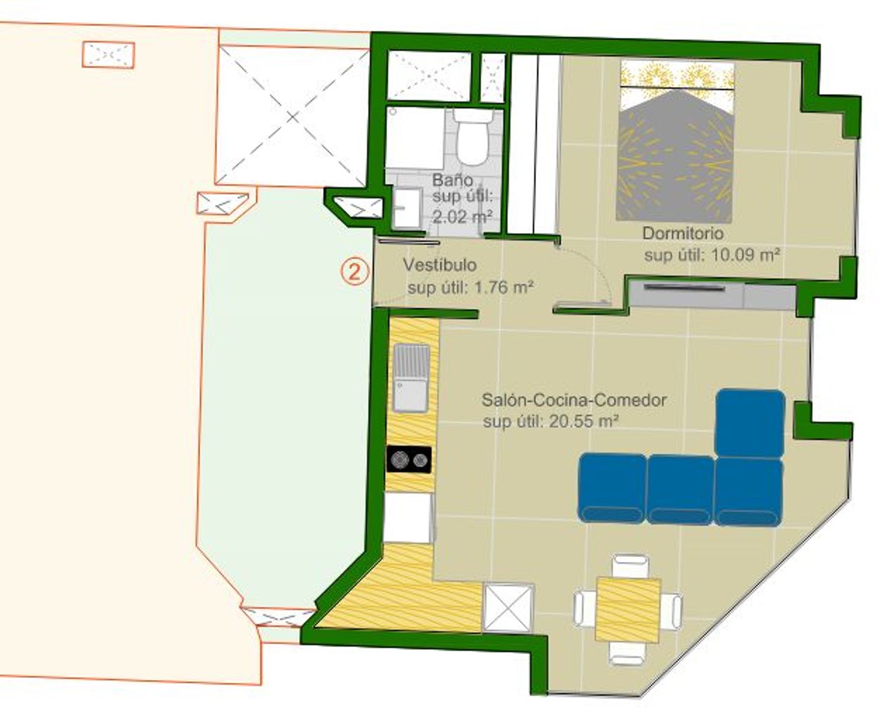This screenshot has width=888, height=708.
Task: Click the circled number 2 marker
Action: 354,272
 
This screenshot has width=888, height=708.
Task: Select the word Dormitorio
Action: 683,233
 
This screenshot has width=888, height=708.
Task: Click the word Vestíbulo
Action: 440,265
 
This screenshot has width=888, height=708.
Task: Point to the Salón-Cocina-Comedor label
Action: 574,400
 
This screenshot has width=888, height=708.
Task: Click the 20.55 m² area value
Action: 584,421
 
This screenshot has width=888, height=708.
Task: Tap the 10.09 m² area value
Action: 746,255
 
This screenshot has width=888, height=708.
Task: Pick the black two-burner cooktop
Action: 409,459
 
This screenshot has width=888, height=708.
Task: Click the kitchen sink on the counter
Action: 411,378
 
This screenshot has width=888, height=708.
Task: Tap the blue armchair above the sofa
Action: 749,423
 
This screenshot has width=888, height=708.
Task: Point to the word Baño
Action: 453,181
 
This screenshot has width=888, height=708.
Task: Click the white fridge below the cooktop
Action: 407,518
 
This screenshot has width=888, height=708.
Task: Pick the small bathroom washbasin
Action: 407,207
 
